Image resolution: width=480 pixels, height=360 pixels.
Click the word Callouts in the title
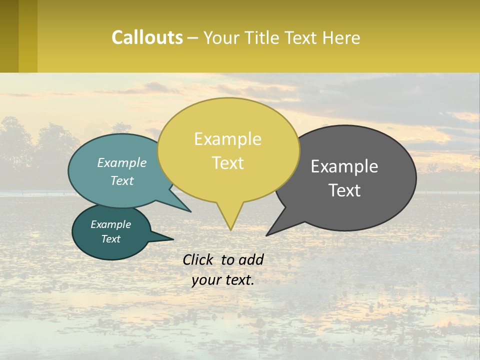[x=147, y=37]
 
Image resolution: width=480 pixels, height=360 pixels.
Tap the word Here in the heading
[x=341, y=37]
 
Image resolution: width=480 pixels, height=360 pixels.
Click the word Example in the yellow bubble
[x=227, y=139]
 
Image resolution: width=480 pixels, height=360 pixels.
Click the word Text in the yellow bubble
[x=228, y=163]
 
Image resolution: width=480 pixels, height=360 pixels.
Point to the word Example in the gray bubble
[x=344, y=166]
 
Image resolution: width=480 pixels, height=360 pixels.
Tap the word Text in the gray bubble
[x=345, y=190]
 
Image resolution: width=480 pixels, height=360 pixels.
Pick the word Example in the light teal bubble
[x=122, y=162]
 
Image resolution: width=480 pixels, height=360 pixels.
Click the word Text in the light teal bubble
[x=122, y=180]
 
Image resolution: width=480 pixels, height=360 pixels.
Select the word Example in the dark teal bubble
[x=110, y=224]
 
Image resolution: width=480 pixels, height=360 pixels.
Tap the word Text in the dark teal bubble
[x=111, y=239]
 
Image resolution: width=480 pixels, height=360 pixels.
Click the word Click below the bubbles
[x=199, y=259]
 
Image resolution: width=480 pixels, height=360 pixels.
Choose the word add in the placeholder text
[x=250, y=259]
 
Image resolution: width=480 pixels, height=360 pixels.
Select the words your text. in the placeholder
[x=223, y=280]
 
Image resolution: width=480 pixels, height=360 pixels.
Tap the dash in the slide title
[x=193, y=37]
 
